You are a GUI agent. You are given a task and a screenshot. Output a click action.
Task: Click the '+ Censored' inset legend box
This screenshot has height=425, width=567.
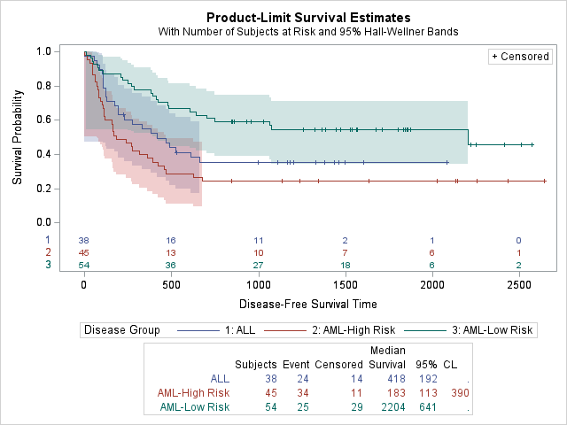click(x=519, y=57)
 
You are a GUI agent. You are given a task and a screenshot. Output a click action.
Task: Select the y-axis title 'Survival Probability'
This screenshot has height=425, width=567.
click(x=18, y=136)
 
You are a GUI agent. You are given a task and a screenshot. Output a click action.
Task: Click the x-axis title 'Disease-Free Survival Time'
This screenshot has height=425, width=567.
click(x=308, y=304)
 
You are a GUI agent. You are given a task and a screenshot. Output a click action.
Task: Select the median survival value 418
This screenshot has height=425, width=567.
click(x=396, y=379)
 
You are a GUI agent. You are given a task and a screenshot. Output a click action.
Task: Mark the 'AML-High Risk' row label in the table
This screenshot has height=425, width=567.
click(x=193, y=393)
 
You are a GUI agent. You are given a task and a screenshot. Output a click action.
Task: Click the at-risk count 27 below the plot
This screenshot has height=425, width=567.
click(x=259, y=266)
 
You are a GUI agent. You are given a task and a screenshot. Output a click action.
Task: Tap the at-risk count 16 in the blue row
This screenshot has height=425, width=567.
click(x=171, y=241)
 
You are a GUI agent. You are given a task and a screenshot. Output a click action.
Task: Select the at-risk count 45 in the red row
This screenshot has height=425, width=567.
click(x=84, y=253)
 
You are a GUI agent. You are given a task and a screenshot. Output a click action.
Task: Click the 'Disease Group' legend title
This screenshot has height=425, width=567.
click(x=121, y=330)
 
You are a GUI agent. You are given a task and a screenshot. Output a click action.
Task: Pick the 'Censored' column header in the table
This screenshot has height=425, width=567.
click(x=338, y=364)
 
